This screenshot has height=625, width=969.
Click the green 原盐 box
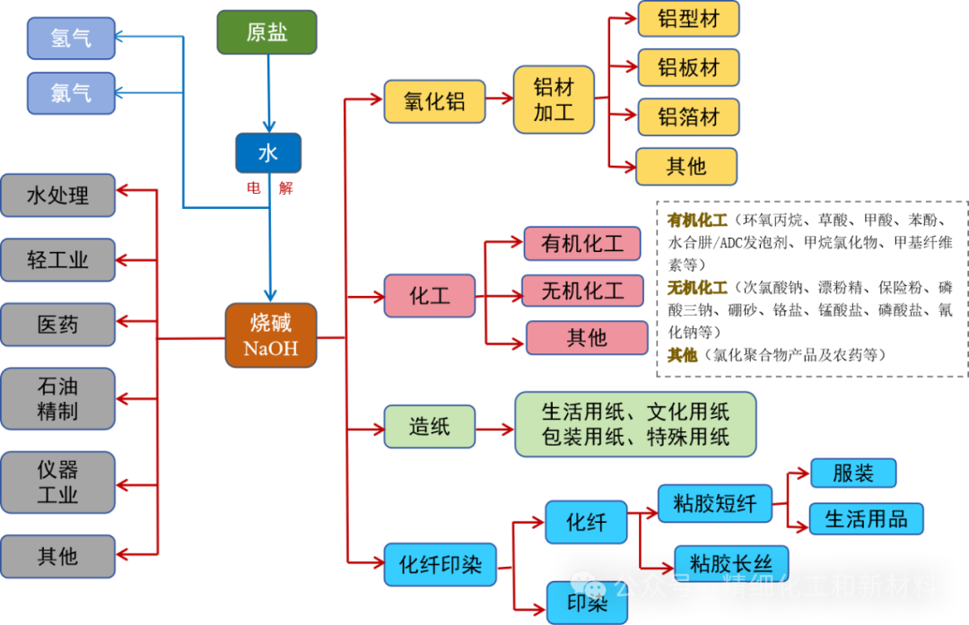[x=266, y=32]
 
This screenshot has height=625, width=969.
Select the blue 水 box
[x=267, y=153]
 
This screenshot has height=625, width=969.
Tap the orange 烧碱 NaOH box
[x=270, y=334]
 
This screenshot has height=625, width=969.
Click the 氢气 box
[x=71, y=38]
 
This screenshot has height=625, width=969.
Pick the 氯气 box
[x=71, y=93]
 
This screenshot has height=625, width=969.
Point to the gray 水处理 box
[x=58, y=195]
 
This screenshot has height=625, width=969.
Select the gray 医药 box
[x=58, y=325]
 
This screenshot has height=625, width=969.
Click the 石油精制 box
[x=58, y=399]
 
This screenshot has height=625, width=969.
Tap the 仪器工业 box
[x=58, y=482]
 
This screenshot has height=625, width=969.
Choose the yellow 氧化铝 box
[x=434, y=101]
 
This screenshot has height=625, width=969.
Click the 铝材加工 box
[x=554, y=100]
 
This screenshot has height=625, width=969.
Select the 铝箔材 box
[x=688, y=117]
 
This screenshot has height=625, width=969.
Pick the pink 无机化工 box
[x=582, y=291]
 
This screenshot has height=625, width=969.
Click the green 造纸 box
[x=430, y=426]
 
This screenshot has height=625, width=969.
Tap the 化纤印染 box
[x=440, y=565]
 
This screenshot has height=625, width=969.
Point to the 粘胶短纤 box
[x=714, y=504]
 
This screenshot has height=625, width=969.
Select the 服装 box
[x=852, y=473]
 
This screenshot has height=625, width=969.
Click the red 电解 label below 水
[x=269, y=188]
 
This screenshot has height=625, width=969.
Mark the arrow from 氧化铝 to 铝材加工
[x=499, y=101]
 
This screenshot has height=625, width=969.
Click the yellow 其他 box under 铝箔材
[x=686, y=167]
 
